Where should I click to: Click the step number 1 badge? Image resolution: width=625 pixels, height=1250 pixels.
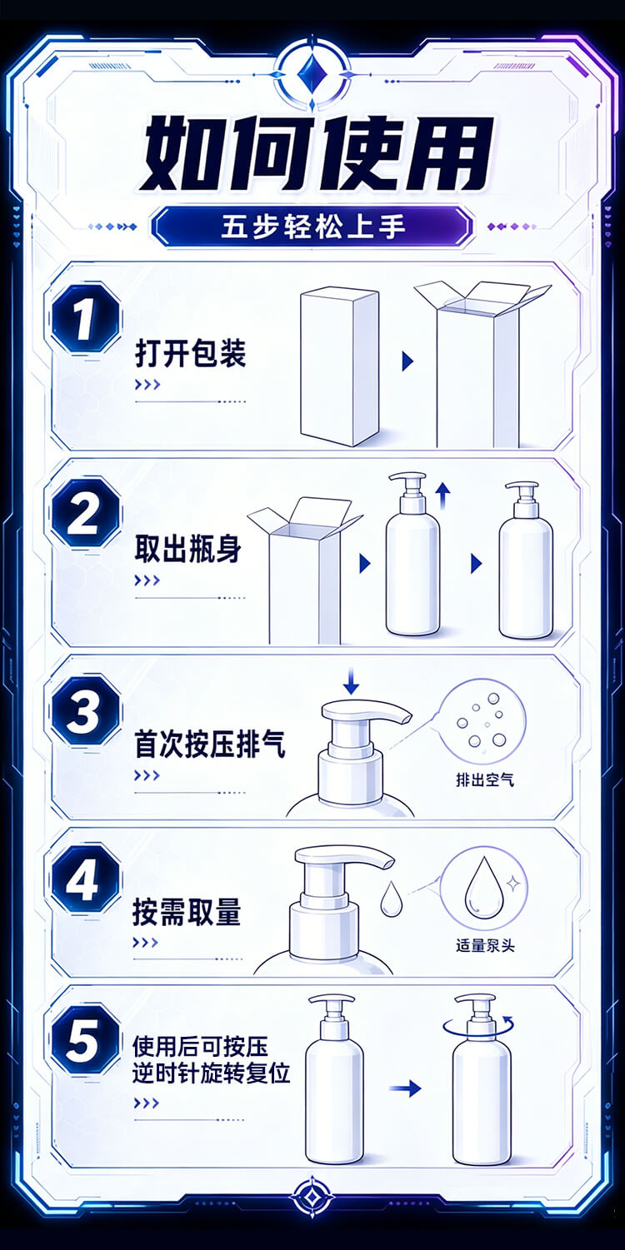(86, 318)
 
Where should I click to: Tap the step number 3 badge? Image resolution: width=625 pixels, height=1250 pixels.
(86, 710)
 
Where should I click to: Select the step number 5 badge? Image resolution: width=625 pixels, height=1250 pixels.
(86, 1039)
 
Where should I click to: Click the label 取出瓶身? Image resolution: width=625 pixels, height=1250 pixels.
(188, 549)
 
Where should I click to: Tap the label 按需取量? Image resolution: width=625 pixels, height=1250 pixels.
(187, 913)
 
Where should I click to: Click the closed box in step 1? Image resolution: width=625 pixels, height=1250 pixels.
(340, 366)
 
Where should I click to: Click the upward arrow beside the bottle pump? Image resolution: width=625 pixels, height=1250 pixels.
(443, 496)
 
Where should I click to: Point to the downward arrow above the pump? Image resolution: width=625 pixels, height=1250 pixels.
(351, 680)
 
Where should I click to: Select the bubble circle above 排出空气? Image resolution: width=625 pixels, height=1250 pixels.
(482, 721)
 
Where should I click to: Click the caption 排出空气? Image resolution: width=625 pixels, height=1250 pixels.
(485, 779)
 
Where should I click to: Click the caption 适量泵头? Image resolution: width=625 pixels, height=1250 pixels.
(485, 945)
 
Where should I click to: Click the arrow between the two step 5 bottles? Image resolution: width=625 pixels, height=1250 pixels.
(405, 1088)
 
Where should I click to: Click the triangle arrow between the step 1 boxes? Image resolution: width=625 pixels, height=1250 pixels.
(407, 361)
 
